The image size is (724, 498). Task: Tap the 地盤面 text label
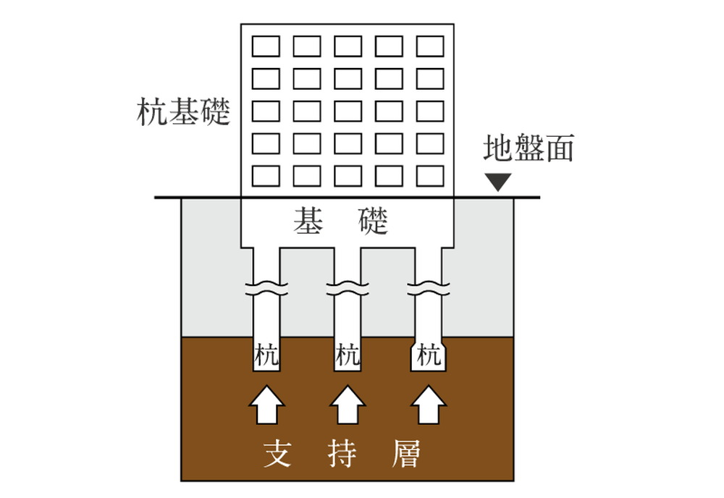[x=529, y=148]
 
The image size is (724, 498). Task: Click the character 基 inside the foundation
[x=308, y=221]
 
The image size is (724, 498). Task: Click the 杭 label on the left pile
[x=266, y=356]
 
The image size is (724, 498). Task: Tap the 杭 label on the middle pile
[x=348, y=356]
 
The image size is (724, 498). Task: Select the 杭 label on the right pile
[x=429, y=356]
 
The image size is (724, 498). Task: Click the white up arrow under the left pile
[x=266, y=405]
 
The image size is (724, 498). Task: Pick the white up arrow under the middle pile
[x=348, y=405]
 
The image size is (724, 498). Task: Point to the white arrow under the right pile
[x=429, y=405]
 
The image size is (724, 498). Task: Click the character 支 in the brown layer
[x=277, y=453]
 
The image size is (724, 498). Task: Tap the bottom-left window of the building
[x=266, y=176]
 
